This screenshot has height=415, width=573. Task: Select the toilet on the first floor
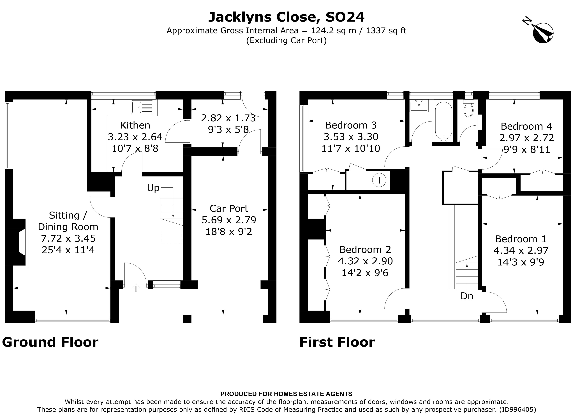[469, 108]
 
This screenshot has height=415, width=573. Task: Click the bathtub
[444, 121]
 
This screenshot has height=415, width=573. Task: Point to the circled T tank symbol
[379, 180]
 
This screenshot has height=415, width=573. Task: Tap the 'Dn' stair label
[467, 296]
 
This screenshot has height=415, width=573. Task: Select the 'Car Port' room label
[229, 208]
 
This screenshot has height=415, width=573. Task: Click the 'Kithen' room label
[135, 125]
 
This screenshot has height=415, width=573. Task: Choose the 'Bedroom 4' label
[526, 126]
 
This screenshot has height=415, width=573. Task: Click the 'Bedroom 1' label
[521, 239]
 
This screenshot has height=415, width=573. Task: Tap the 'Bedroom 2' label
[365, 250]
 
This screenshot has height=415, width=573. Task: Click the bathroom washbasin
[419, 106]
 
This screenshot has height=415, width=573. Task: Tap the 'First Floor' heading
[337, 342]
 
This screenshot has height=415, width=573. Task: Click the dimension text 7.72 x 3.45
[68, 238]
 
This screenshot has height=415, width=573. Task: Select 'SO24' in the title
[345, 17]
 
